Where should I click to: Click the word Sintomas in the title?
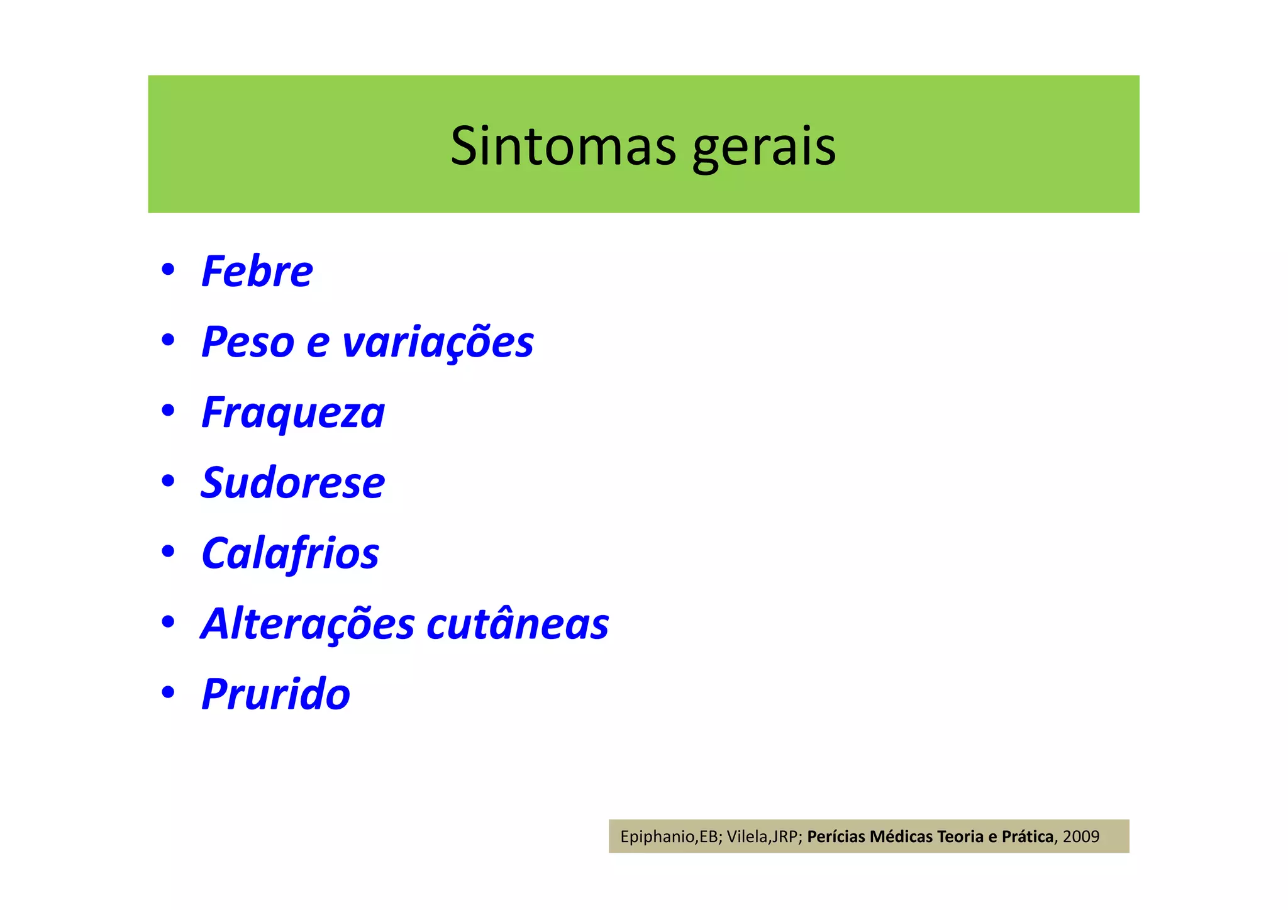coord(563,146)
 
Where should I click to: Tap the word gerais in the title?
coord(763,147)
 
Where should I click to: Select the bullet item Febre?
coord(257,272)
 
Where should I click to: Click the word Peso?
coord(248,342)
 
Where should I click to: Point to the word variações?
coord(438,342)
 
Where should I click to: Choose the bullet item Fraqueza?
coord(292,413)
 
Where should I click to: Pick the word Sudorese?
coord(292,483)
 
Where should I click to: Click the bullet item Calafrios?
coord(290,553)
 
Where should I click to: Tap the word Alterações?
coord(308,624)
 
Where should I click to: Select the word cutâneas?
coord(518,624)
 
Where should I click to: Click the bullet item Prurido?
coord(275,694)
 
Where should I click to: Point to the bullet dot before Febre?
coord(167,270)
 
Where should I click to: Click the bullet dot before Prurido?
coord(167,692)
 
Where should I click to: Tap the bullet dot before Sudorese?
coord(167,481)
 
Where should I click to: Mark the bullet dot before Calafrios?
coord(167,552)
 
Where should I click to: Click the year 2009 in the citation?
coord(1081,836)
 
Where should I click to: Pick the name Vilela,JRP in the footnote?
coord(763,837)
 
